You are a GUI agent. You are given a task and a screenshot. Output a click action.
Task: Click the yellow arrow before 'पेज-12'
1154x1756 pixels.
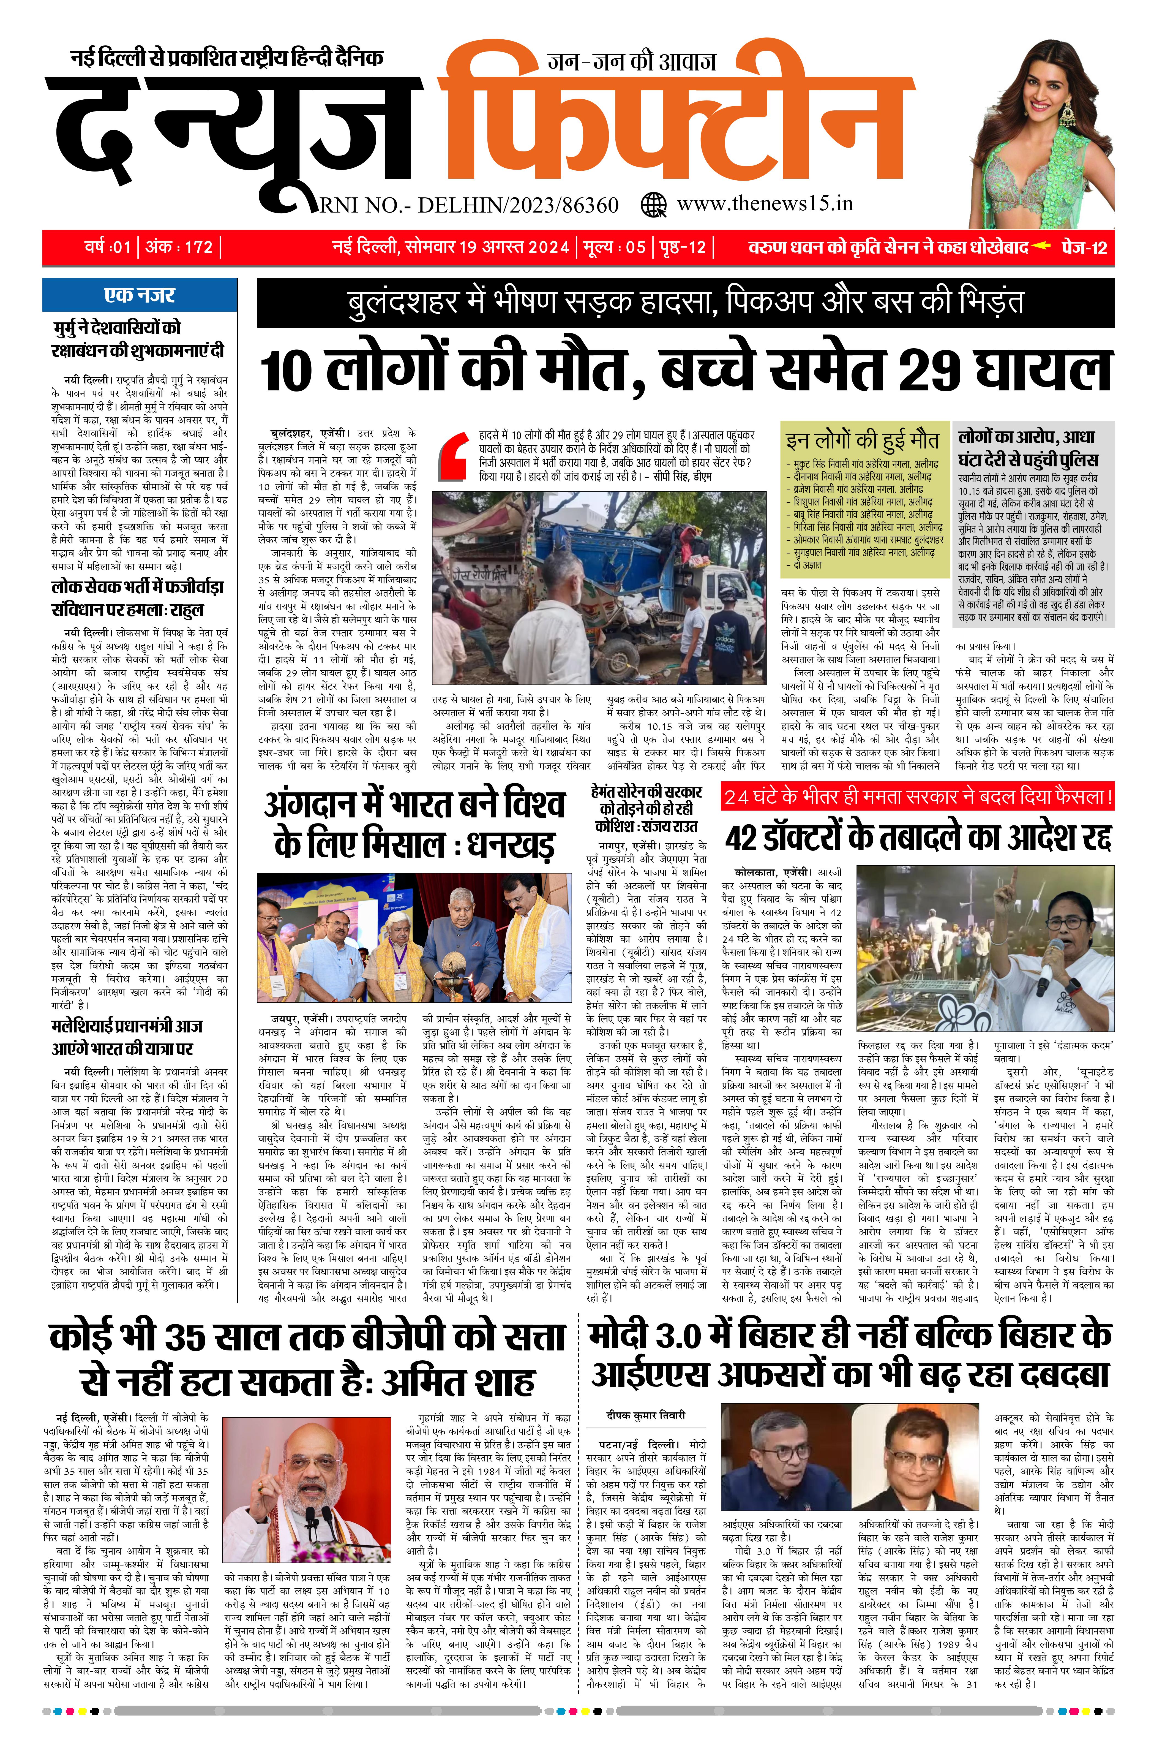pyautogui.click(x=1040, y=246)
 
